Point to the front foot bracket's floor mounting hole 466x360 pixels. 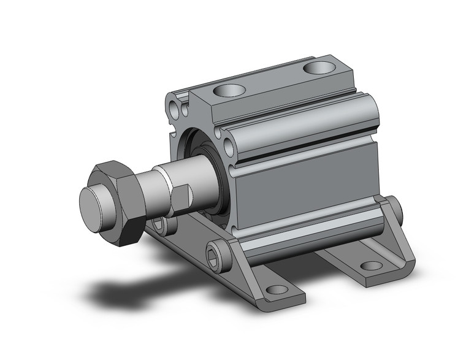tap(277, 289)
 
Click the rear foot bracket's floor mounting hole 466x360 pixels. tap(370, 266)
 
